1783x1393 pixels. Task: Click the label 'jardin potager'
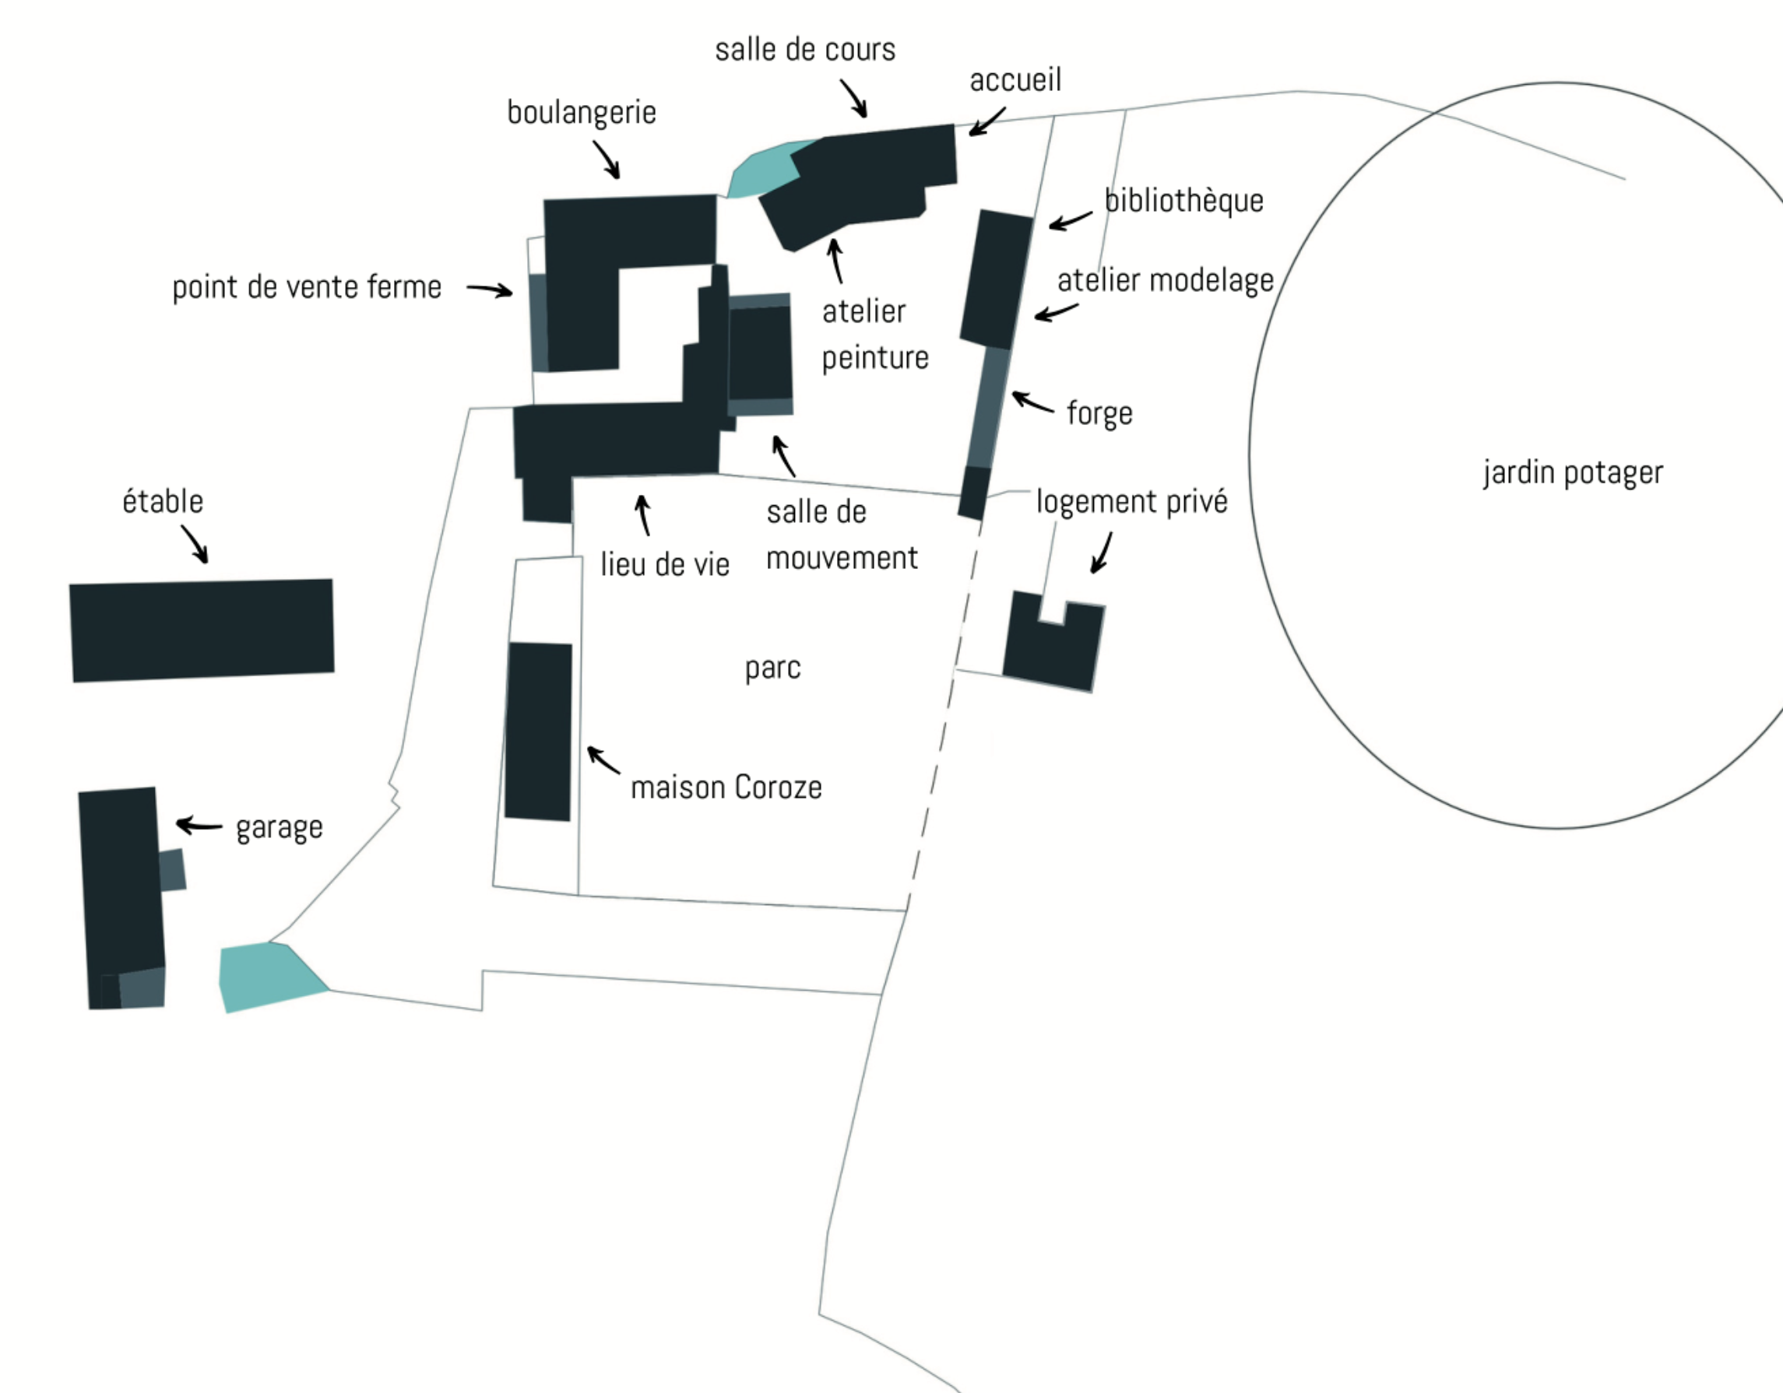click(1572, 473)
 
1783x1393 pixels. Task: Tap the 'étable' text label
click(163, 501)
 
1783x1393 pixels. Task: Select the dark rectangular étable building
click(202, 630)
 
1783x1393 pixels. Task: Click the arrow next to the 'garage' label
click(199, 825)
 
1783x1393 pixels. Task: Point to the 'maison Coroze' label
click(726, 788)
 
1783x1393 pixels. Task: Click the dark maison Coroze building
click(538, 732)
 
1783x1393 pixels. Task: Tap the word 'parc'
click(772, 668)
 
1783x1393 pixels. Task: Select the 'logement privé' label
click(1131, 501)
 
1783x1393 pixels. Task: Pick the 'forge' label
click(1099, 413)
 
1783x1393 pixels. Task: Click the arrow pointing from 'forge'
click(1032, 402)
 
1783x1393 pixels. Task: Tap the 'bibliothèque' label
click(1183, 201)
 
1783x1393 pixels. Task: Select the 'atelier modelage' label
click(1165, 281)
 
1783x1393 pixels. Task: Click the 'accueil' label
click(1015, 80)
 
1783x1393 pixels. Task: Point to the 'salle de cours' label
click(805, 50)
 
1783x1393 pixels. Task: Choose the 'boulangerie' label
click(582, 113)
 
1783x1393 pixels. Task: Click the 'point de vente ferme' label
click(306, 287)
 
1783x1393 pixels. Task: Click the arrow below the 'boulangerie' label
click(607, 158)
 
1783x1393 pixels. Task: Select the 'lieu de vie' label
click(665, 564)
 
